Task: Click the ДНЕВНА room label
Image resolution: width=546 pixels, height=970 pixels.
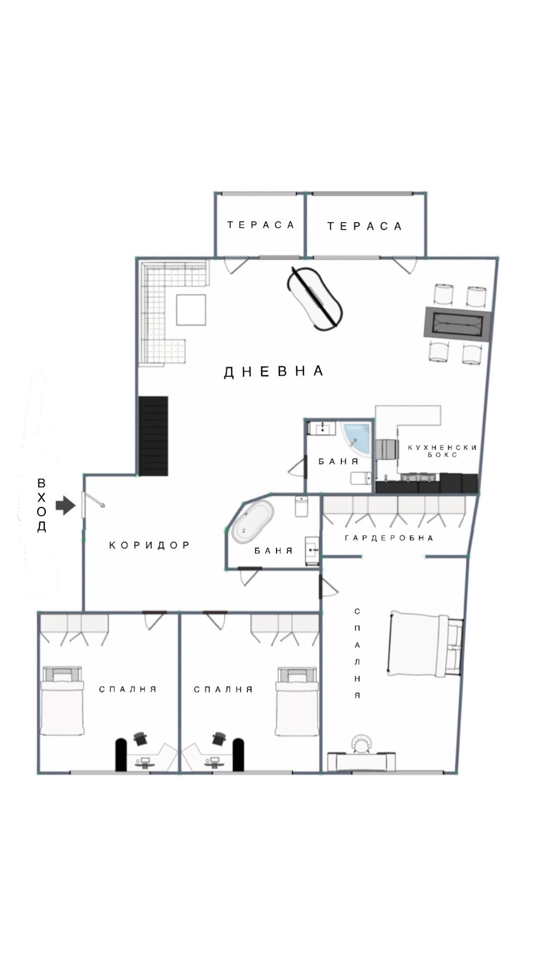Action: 273,371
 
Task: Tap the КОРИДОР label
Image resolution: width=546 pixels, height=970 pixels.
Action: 149,545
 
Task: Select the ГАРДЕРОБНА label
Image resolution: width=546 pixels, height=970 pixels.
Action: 389,538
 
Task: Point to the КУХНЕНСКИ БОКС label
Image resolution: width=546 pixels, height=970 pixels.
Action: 442,451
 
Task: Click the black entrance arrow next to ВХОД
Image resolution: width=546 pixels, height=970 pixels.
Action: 65,505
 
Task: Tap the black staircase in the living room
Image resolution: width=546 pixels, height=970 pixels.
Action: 154,436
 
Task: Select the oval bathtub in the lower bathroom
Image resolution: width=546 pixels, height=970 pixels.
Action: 252,521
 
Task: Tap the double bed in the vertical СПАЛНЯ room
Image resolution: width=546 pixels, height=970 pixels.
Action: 424,644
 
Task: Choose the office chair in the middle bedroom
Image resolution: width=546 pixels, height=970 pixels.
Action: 218,738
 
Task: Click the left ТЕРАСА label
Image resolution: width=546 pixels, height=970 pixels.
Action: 260,225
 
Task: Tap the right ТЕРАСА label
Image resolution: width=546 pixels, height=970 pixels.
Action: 364,226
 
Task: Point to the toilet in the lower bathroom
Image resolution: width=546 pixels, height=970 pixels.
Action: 301,507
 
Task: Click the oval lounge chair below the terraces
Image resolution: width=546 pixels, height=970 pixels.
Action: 315,297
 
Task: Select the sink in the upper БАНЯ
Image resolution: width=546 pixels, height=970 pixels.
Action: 322,429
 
